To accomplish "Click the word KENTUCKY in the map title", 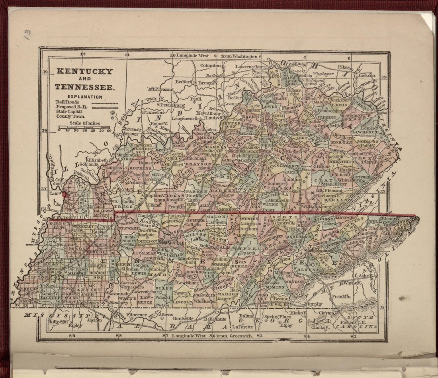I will point(84,72).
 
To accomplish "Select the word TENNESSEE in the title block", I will point(85,87).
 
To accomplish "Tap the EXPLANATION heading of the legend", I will point(84,97).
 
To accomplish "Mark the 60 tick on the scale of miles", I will point(109,131).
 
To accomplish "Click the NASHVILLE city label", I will point(172,243).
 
